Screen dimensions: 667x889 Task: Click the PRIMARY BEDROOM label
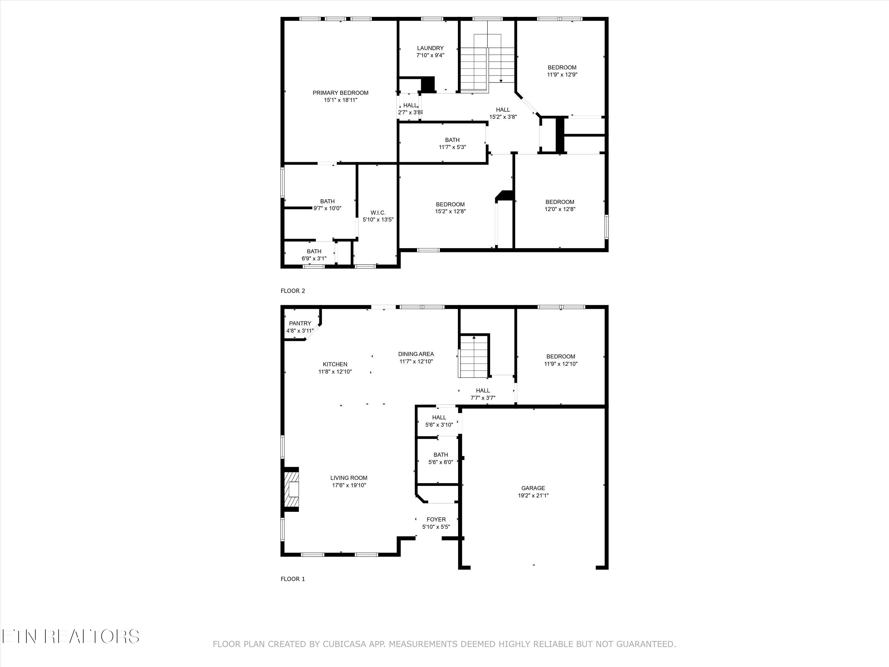[x=340, y=93]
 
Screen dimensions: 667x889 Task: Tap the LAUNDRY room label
[x=430, y=48]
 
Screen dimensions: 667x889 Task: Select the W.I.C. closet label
[x=378, y=212]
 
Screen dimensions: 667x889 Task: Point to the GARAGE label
[x=533, y=488]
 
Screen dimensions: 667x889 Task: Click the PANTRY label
[x=300, y=323]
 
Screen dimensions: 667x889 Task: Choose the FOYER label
[x=436, y=519]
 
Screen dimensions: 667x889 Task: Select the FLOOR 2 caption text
[x=292, y=291]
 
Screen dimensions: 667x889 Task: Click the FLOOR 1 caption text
[x=292, y=579]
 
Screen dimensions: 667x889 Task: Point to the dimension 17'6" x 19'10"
[x=348, y=485]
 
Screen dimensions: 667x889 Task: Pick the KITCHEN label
[x=335, y=364]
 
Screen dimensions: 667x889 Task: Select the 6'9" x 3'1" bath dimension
[x=314, y=258]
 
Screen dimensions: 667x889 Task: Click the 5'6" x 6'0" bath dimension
[x=440, y=462]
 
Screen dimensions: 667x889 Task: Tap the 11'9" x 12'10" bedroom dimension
[x=561, y=364]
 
